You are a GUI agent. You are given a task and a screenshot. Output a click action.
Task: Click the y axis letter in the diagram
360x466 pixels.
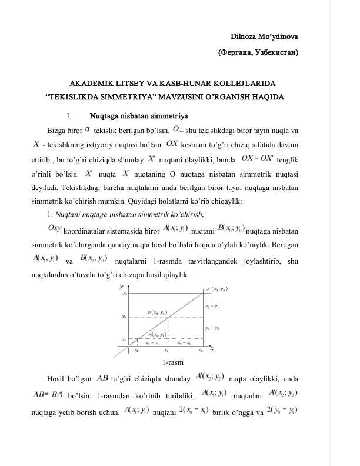121,287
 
